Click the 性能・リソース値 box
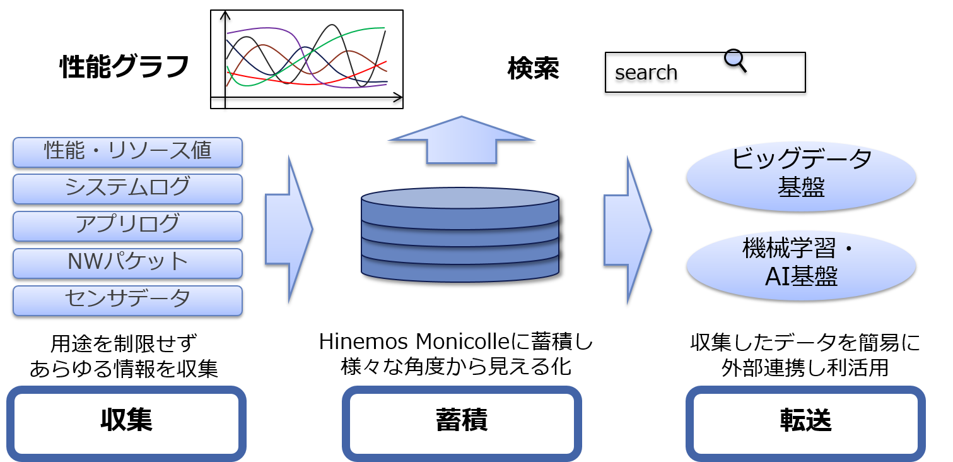[x=127, y=152]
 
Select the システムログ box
[x=127, y=189]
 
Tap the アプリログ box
[x=127, y=226]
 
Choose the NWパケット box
[x=127, y=263]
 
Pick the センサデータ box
[x=127, y=300]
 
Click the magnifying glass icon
[x=735, y=61]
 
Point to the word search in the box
[x=646, y=73]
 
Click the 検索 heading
[x=533, y=68]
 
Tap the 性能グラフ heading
[x=124, y=67]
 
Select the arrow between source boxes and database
[x=289, y=230]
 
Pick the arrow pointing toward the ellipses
[x=628, y=230]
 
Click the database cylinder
[x=460, y=235]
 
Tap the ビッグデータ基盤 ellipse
[x=801, y=176]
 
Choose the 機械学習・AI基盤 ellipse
[x=801, y=266]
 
